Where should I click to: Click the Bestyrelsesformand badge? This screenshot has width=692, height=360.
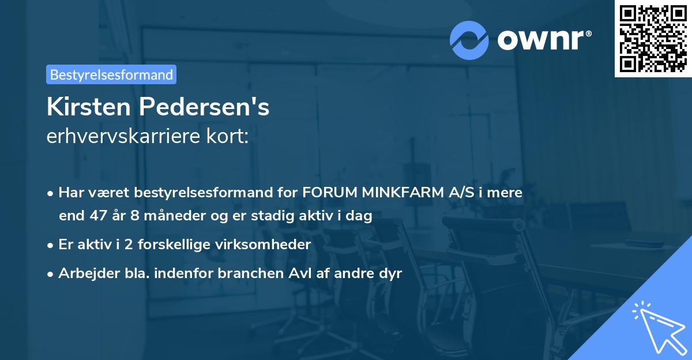click(111, 74)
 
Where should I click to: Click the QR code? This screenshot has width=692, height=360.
click(653, 38)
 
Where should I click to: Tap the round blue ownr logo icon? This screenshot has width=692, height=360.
click(469, 40)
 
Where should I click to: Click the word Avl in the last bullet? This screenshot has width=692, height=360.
click(297, 273)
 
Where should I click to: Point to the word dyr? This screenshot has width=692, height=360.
click(390, 273)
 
